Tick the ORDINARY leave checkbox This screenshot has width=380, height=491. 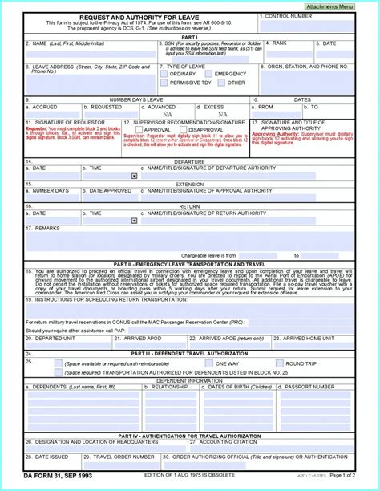pos(165,74)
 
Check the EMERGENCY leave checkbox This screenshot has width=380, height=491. pos(210,74)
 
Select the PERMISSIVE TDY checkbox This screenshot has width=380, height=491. pos(165,83)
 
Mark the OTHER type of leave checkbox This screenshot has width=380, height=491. pos(221,83)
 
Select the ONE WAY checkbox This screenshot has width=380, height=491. pos(220,363)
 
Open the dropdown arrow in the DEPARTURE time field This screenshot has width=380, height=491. pos(134,176)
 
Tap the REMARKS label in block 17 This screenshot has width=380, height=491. pos(47,228)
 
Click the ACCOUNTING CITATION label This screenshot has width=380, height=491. pos(228,440)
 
